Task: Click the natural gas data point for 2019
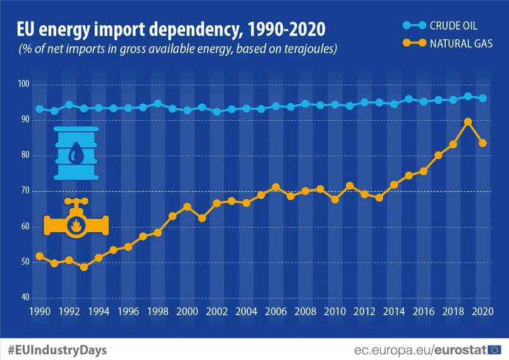click(468, 121)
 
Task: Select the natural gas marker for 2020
click(483, 143)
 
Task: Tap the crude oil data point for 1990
click(39, 109)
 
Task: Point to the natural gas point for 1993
click(83, 267)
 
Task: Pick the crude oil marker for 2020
click(483, 98)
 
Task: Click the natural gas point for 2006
click(276, 187)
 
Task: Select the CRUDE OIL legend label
click(454, 26)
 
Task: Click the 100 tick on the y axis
click(24, 84)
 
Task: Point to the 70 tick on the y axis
click(24, 190)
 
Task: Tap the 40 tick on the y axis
click(24, 297)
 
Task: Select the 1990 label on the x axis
click(39, 311)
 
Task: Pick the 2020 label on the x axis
click(482, 311)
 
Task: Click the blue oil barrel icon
click(77, 152)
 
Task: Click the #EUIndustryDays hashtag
click(57, 349)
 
